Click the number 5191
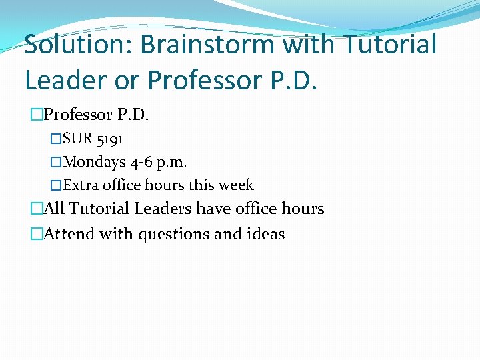[x=109, y=139]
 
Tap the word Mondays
[x=93, y=162]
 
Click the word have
[x=213, y=209]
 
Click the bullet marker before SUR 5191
[x=56, y=139]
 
